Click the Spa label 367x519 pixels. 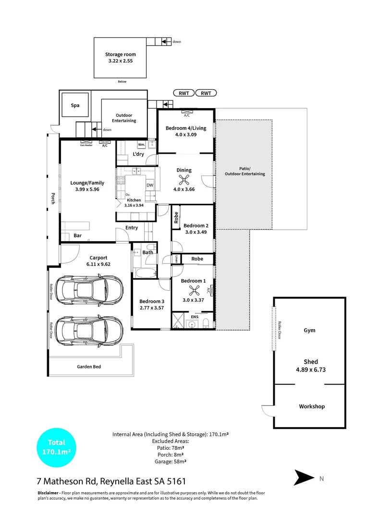75,105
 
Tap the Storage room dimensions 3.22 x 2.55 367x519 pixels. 121,62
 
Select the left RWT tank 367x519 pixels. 183,93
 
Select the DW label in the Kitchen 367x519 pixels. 150,185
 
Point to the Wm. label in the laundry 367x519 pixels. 141,145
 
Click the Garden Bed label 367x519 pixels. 89,367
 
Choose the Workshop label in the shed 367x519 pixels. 312,406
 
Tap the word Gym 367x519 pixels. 310,331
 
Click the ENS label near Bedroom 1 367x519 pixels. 195,317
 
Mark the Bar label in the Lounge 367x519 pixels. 78,235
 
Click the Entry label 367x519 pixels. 132,228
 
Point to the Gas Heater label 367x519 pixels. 86,145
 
